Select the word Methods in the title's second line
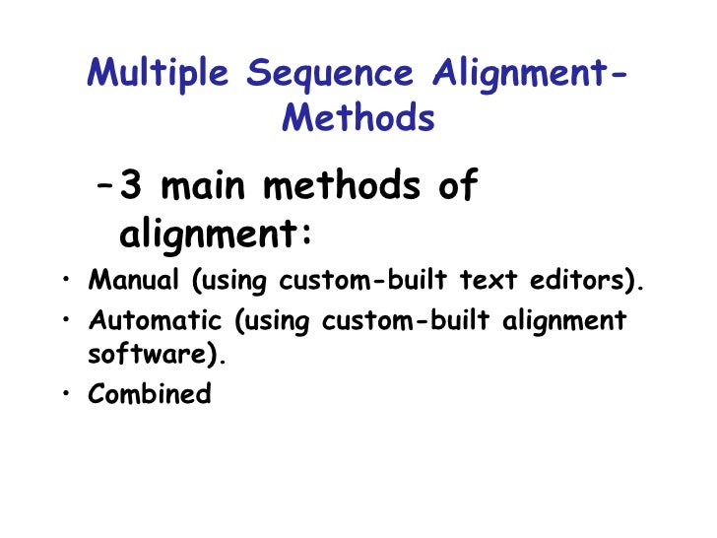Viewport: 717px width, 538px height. pyautogui.click(x=358, y=119)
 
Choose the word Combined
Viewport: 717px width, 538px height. pyautogui.click(x=150, y=395)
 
